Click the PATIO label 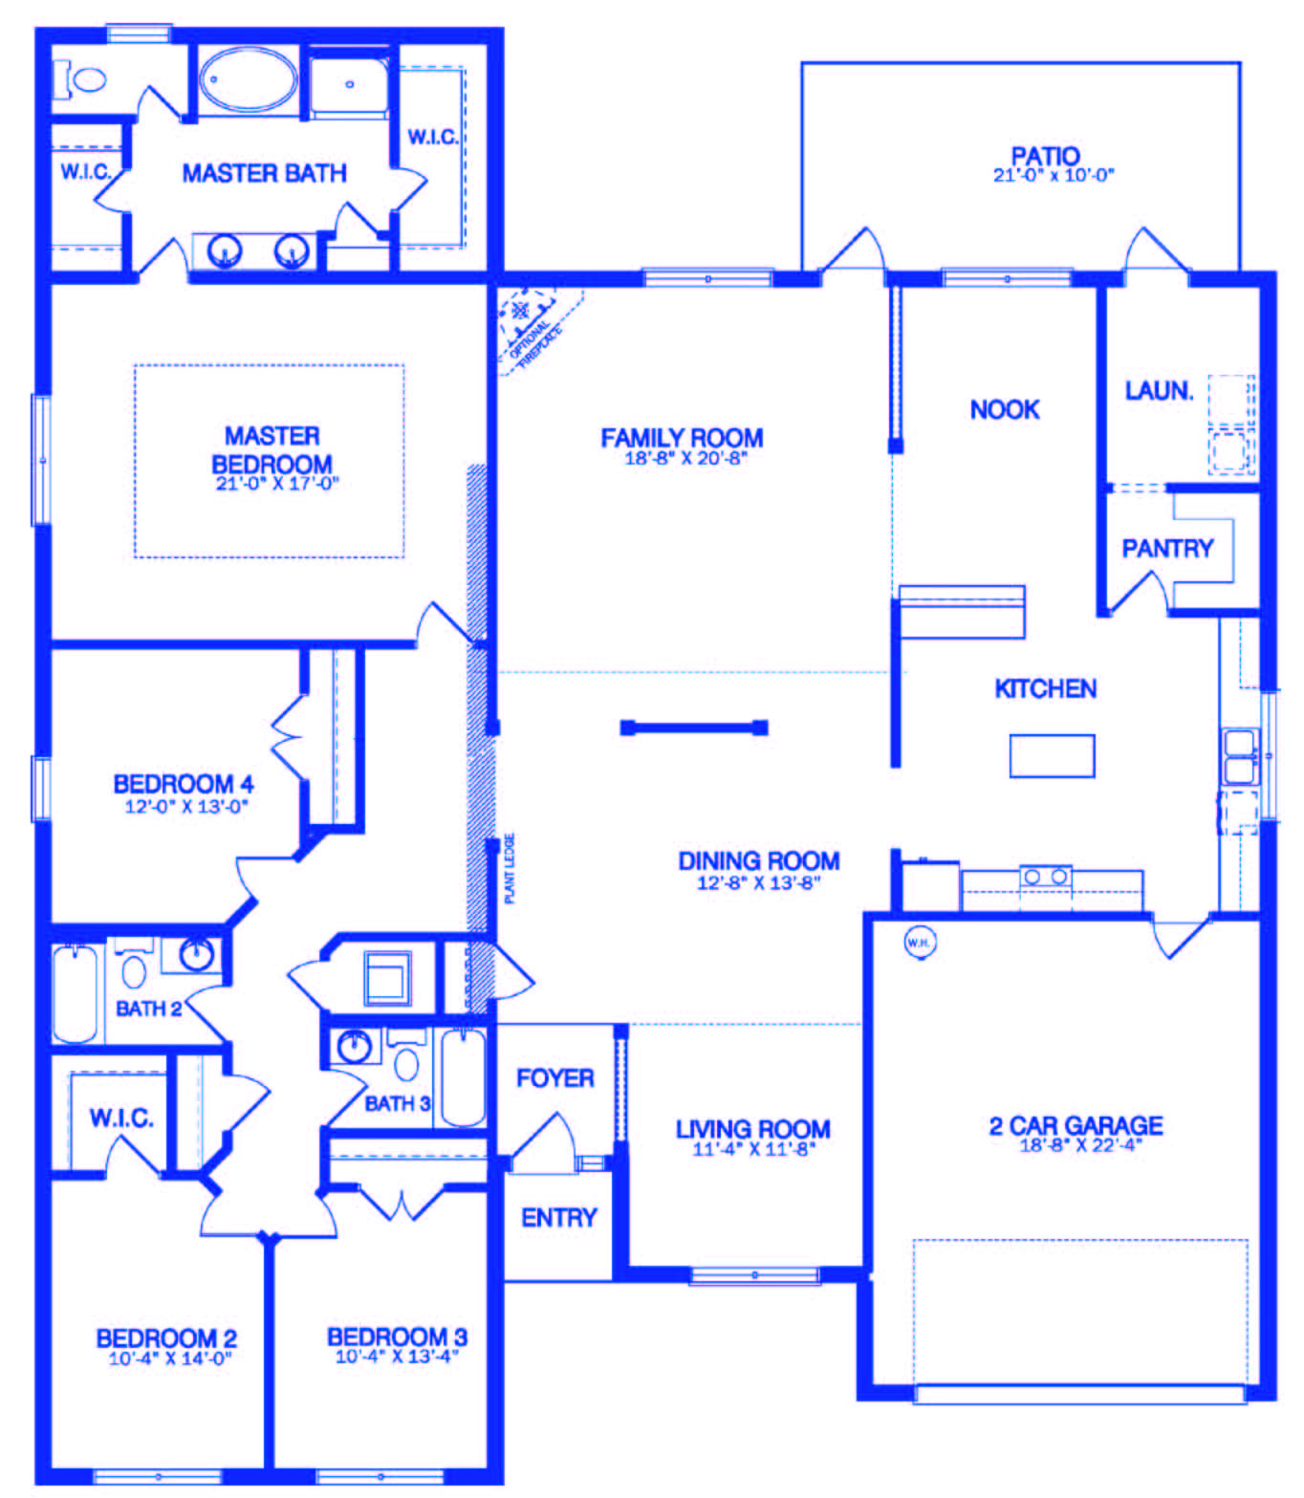point(1045,155)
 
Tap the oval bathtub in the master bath point(248,79)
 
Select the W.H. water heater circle point(919,943)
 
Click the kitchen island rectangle point(1052,755)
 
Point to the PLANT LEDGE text point(510,868)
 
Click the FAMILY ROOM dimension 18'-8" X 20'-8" point(685,458)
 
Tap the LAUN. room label point(1159,390)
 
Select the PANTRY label point(1166,548)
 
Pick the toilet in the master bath point(83,79)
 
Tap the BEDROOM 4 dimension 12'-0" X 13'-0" point(185,806)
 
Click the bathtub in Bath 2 point(75,992)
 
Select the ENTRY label point(558,1217)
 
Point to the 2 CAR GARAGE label point(1076,1125)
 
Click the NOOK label point(1004,409)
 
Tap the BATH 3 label point(397,1103)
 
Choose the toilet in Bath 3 point(407,1061)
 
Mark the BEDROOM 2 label point(166,1337)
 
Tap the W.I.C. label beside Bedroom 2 point(121,1117)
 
